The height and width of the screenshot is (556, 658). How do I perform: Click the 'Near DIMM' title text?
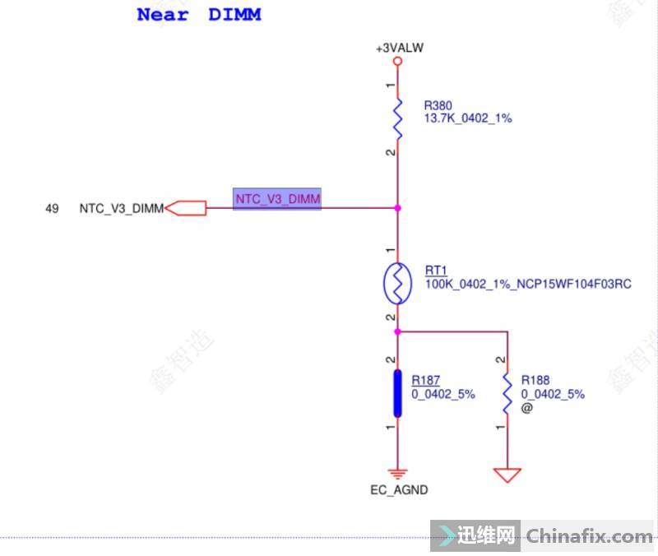(198, 14)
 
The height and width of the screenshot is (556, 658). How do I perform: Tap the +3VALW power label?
(399, 49)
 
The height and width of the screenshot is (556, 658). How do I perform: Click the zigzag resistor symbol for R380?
(397, 118)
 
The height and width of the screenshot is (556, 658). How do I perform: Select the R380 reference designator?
(438, 105)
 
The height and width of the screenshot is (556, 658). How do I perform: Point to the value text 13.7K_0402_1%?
(467, 118)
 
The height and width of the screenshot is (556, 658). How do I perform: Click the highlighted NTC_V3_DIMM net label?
(277, 198)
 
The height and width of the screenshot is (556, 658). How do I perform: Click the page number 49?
(52, 209)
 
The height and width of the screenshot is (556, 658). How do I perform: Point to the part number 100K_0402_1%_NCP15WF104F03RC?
(528, 284)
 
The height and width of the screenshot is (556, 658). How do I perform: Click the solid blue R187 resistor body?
(397, 393)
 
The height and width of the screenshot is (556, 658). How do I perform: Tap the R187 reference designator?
(426, 380)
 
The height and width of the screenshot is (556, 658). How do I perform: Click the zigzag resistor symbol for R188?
(507, 393)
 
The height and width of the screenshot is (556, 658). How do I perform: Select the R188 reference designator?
(536, 380)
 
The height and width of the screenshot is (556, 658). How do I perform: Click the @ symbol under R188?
(527, 407)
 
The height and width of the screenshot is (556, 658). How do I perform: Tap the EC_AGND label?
(399, 490)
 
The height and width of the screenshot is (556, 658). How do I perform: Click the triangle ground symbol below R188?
(507, 475)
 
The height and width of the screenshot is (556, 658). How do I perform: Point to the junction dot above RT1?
(397, 208)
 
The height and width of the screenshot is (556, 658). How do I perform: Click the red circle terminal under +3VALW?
(397, 62)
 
